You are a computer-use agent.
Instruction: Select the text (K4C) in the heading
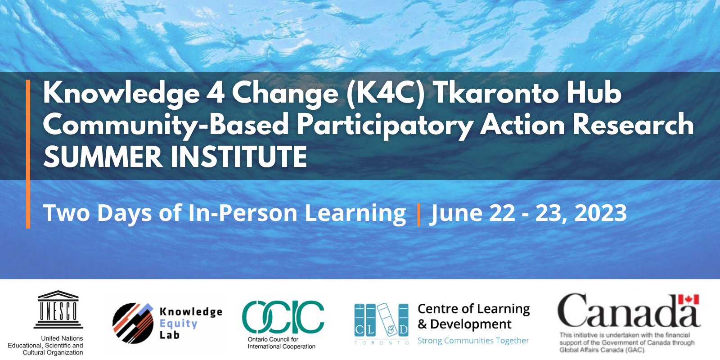click(386, 93)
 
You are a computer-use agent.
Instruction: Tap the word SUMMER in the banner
click(103, 157)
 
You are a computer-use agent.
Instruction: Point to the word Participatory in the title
click(385, 125)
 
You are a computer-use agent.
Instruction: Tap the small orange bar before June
click(418, 214)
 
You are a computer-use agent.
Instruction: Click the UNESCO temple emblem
click(58, 309)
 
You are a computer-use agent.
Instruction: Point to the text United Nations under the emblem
click(62, 338)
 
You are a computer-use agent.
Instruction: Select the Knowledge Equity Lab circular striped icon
click(133, 323)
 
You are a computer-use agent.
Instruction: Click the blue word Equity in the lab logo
click(179, 324)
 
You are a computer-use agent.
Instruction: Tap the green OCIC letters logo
click(283, 317)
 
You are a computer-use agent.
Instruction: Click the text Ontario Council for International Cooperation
click(281, 343)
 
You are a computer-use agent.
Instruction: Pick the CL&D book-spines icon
click(381, 320)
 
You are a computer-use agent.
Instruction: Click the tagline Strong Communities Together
click(473, 341)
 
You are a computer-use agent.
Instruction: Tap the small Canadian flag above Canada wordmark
click(688, 300)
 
